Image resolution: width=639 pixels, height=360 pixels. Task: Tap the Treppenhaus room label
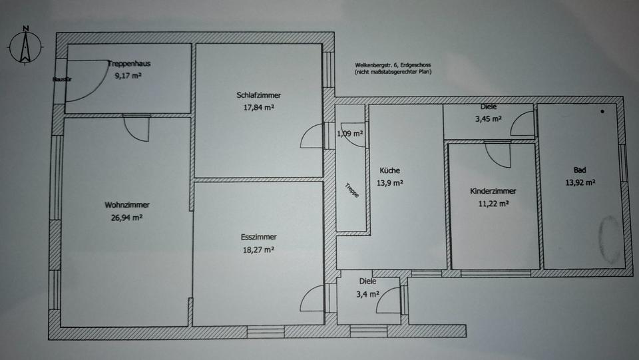[x=128, y=65]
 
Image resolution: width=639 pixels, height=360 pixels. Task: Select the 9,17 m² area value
[x=128, y=76]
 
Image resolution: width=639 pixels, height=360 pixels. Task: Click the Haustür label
[x=61, y=81]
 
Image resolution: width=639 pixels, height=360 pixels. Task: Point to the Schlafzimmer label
[x=259, y=94]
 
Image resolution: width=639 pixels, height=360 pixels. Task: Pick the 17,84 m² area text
[x=259, y=106]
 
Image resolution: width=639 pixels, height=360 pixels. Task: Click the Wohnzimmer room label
[x=126, y=205]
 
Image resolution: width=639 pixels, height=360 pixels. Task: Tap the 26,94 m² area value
[x=126, y=217]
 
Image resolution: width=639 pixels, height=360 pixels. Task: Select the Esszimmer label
[x=259, y=237]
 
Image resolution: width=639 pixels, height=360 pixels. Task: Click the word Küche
[x=391, y=170]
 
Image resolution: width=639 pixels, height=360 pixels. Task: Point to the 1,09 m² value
[x=351, y=133]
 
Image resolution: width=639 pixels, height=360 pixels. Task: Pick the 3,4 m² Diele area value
[x=368, y=293]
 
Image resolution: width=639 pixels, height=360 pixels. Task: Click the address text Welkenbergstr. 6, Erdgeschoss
[x=393, y=65]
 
